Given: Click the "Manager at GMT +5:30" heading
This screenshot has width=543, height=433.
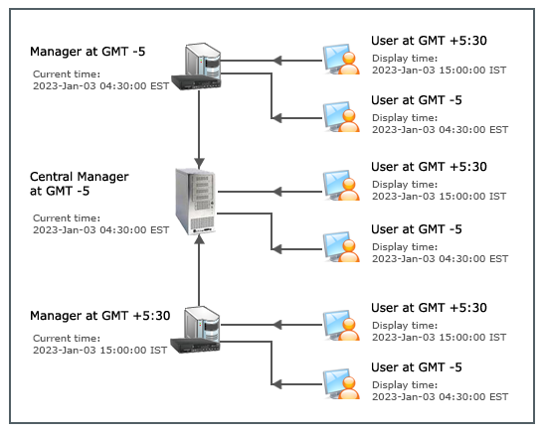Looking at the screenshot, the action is point(99,316).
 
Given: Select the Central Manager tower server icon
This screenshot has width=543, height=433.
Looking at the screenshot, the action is point(195,202).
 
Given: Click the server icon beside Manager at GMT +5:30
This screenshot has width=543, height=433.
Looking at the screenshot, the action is point(195,330).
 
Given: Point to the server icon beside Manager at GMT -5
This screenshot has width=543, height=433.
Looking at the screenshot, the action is point(196,67).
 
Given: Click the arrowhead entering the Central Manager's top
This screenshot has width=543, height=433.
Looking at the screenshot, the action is point(199,163).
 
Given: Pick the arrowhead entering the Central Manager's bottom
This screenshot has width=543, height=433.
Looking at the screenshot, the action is point(199,240).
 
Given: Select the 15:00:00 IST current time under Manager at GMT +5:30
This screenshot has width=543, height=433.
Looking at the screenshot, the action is point(99,350).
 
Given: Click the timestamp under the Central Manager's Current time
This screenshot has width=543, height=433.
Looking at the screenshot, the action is point(100,230).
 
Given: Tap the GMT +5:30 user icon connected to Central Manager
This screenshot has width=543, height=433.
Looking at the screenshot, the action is point(341,185).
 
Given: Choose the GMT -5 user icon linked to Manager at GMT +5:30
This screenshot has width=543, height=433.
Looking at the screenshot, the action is point(341,384).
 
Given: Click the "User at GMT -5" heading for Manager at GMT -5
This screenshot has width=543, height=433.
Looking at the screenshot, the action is point(417,100).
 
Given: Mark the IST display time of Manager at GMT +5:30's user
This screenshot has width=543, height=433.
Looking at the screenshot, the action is point(440,338).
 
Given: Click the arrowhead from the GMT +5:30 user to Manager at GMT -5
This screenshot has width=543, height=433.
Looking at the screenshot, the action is point(276,61).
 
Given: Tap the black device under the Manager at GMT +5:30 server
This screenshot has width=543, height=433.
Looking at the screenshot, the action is point(195,346).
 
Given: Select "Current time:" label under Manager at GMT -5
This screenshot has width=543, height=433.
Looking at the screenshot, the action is point(67,74).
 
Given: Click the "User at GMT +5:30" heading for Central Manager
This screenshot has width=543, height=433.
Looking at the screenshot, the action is point(429,167).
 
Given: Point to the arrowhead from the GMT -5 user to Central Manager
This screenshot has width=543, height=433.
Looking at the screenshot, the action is point(276,249).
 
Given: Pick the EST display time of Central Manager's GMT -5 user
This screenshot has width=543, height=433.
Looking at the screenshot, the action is point(441,258).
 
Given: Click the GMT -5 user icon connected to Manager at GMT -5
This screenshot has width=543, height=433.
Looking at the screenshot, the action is point(341,117).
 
